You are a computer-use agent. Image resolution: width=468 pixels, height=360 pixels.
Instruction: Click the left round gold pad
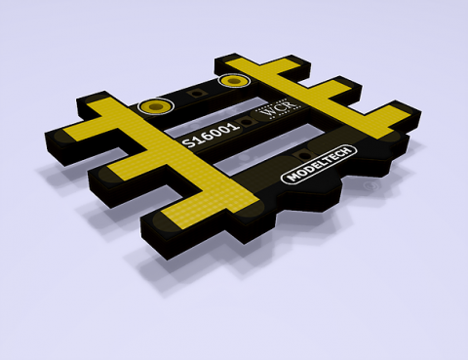[x=153, y=105]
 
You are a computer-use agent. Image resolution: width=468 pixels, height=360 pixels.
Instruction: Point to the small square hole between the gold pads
[x=197, y=93]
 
